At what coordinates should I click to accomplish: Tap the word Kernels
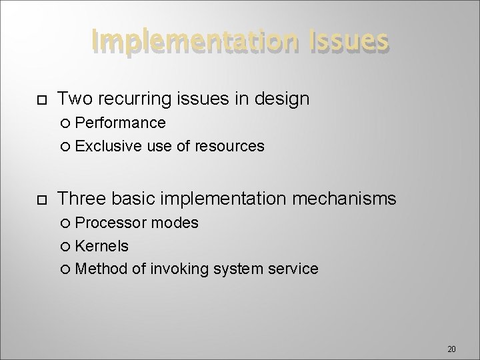tap(102, 246)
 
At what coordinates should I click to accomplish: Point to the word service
tap(293, 269)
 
